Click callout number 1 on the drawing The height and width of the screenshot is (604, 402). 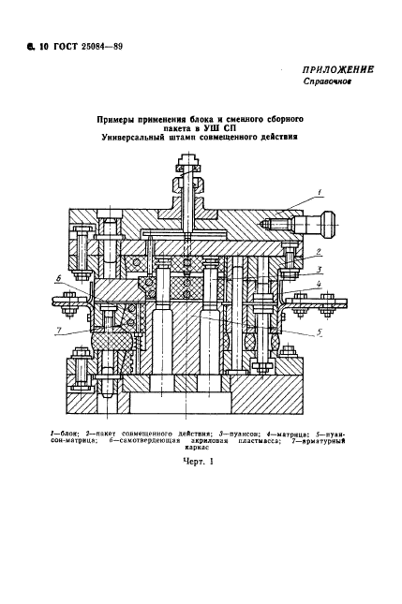pos(320,192)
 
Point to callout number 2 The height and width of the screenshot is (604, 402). pos(319,252)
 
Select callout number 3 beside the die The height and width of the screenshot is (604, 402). pos(320,270)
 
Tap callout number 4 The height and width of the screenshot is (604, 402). pos(320,285)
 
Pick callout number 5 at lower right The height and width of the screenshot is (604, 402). pos(320,332)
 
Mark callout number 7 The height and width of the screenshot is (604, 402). pos(58,331)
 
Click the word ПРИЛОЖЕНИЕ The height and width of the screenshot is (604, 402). pos(337,69)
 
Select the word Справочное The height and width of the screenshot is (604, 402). pos(327,81)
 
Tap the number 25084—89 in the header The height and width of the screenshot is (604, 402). pos(102,47)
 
